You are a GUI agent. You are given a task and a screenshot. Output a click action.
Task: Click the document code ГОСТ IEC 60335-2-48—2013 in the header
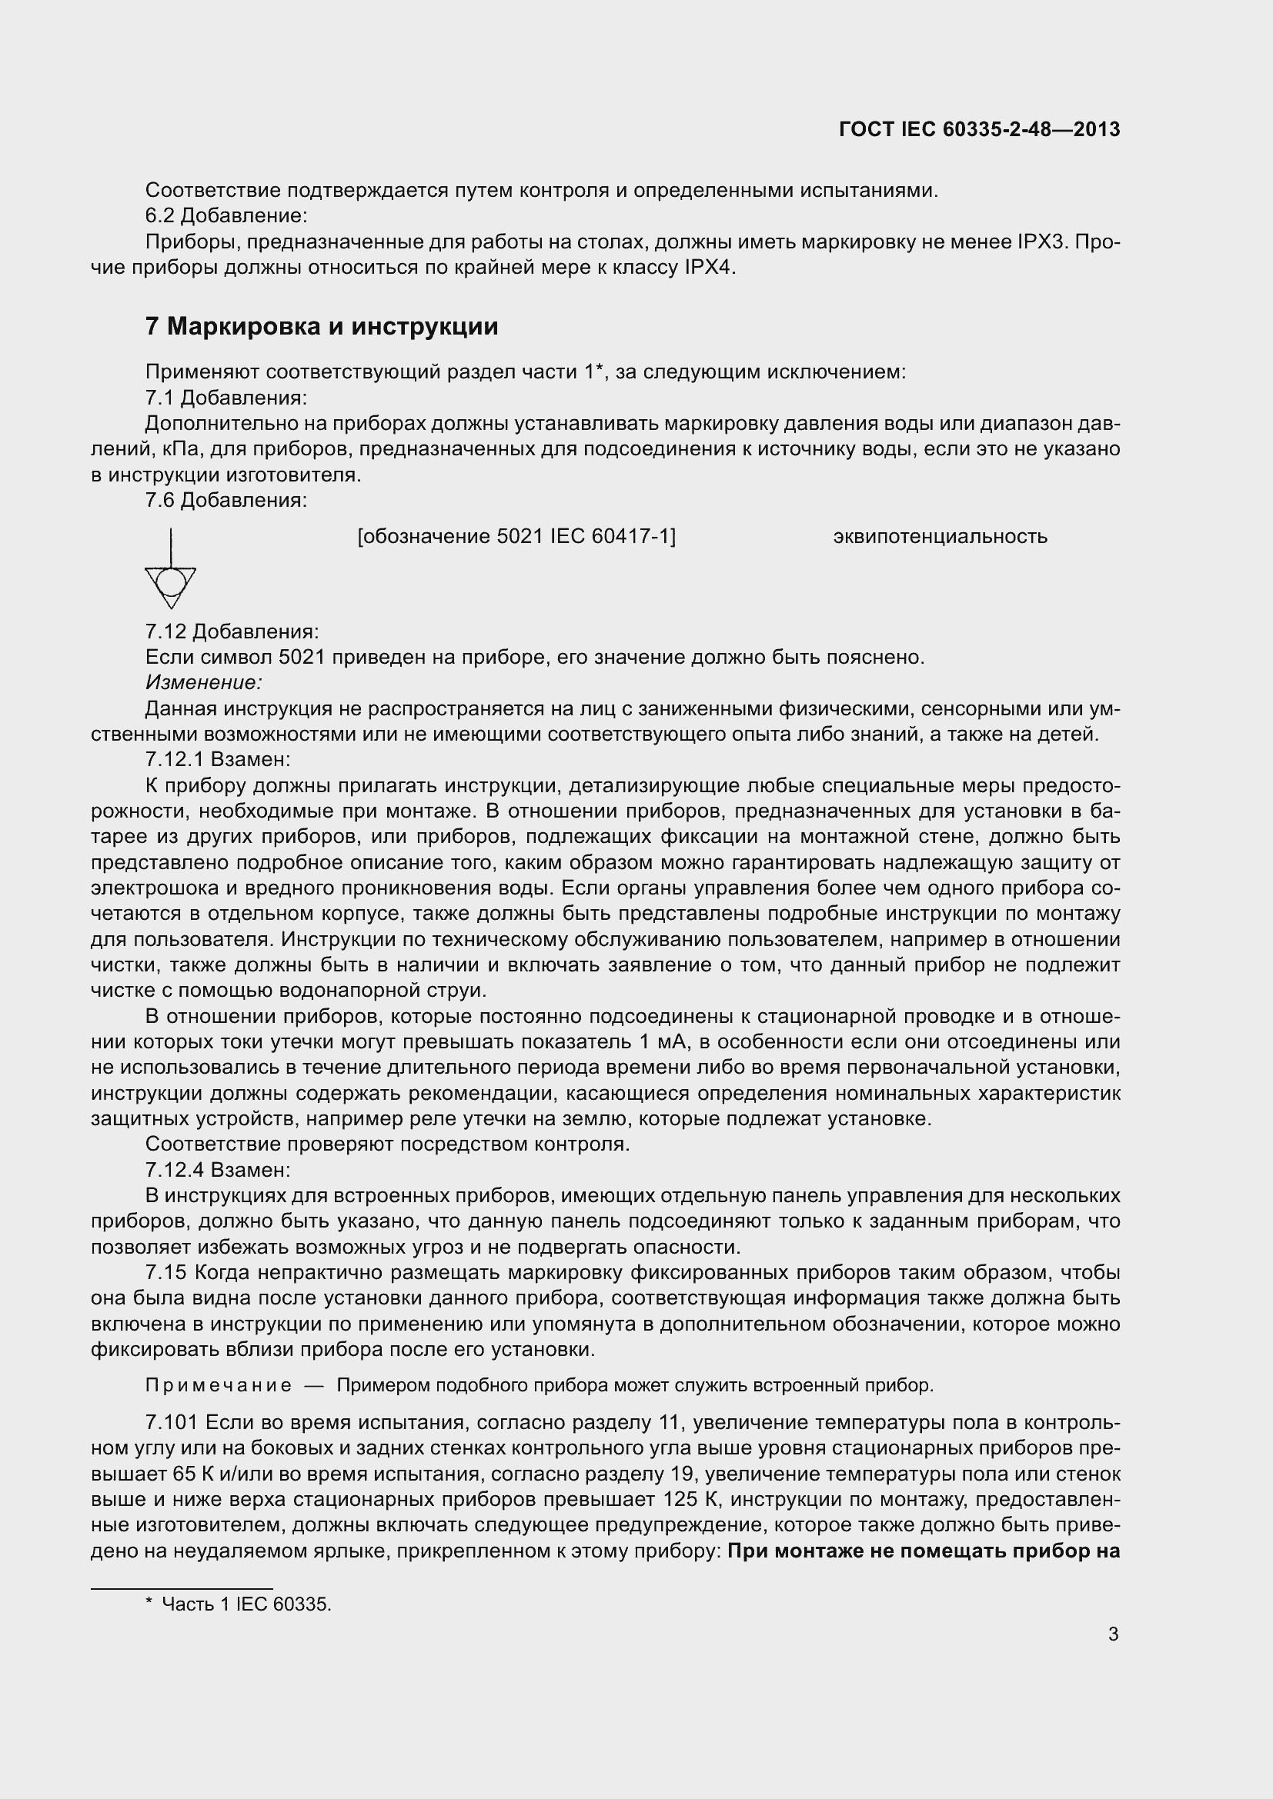tap(979, 129)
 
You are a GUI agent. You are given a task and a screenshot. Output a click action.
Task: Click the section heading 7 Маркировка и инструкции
tap(322, 326)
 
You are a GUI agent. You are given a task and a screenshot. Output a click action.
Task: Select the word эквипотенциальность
tap(940, 537)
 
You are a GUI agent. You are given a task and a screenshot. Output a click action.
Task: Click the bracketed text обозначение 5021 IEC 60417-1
tap(516, 537)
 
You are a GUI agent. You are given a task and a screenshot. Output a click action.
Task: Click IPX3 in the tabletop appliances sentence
tap(1043, 242)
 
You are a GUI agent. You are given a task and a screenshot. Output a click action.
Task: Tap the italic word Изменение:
tap(203, 682)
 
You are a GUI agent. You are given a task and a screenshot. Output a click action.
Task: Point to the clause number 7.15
tap(165, 1272)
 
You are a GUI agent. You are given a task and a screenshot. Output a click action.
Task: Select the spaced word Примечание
tap(219, 1385)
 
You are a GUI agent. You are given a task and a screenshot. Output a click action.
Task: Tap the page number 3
tap(1113, 1634)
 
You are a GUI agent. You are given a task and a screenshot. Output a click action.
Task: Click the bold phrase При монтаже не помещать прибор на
tap(924, 1551)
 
